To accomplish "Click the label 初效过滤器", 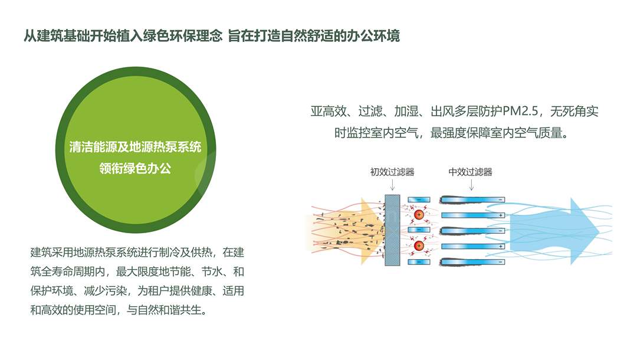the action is (392, 172).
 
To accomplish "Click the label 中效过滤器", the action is (471, 172).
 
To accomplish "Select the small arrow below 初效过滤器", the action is (392, 185).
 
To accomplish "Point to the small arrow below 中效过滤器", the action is (471, 185).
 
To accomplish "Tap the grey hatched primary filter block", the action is (392, 230).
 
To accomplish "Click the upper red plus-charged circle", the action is (419, 215).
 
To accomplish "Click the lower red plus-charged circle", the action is (419, 246).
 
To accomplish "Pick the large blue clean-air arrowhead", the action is (584, 231).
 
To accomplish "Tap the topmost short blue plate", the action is (419, 199).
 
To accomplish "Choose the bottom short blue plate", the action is (419, 262).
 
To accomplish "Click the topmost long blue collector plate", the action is (472, 199).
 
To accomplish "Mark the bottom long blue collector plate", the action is (472, 262).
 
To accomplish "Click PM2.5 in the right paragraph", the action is (520, 111).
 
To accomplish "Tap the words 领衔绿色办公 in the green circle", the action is (135, 168).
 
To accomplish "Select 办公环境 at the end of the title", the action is (373, 36).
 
